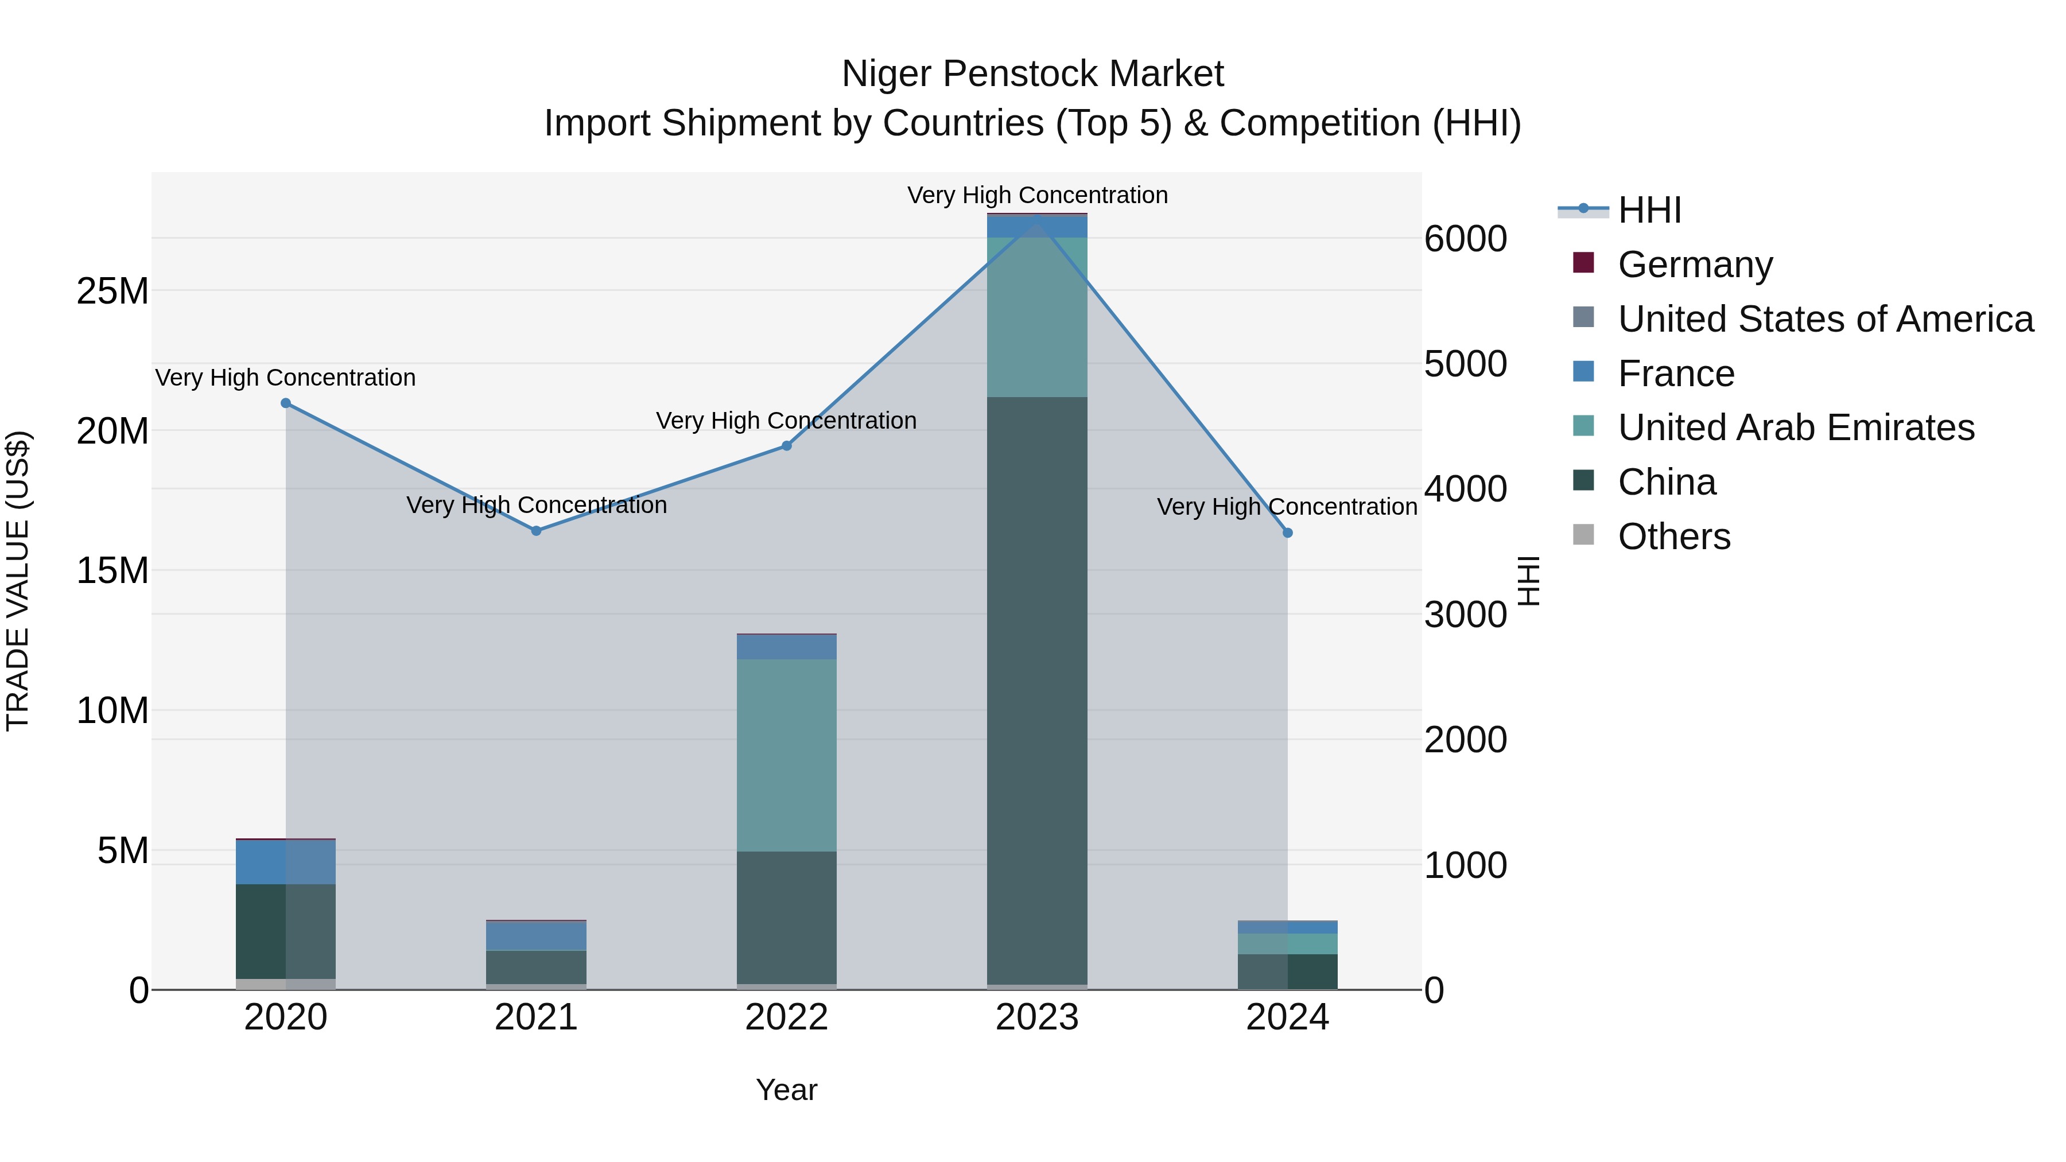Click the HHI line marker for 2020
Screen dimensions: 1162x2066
coord(286,403)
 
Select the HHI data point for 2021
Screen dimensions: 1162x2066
coord(536,531)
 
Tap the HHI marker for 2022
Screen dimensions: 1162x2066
coord(786,446)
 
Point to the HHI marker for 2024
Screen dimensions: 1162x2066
coord(1287,533)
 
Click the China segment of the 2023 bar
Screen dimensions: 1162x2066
coord(1036,690)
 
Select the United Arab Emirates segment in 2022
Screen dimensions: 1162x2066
coord(786,755)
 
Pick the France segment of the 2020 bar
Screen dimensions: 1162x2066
coord(286,862)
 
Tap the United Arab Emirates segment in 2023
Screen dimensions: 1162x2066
coord(1036,317)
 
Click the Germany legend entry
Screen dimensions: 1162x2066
coord(1694,265)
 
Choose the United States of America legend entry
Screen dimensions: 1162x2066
coord(1824,319)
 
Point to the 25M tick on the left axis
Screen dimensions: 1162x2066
coord(112,291)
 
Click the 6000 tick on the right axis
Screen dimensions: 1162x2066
coord(1465,239)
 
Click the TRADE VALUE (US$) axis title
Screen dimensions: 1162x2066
coord(18,581)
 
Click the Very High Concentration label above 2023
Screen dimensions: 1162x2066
coord(1036,196)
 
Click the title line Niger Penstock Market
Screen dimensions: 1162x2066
coord(1032,74)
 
